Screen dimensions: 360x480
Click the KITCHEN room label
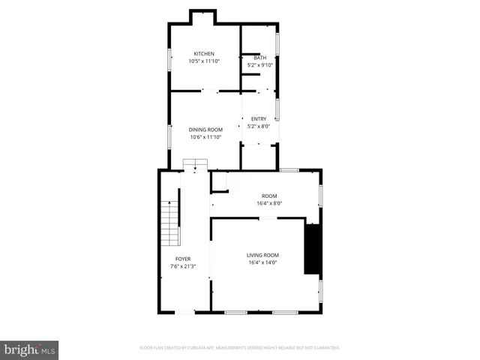204,53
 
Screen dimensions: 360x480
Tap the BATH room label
259,58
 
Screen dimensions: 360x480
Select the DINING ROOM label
205,129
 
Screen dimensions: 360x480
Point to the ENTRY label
259,118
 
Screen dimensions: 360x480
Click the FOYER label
183,258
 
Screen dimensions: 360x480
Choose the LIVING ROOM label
262,255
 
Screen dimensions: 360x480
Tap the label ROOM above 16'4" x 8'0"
269,195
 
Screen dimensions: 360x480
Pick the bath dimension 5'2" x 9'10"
260,65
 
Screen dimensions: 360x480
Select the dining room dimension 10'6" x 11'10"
205,136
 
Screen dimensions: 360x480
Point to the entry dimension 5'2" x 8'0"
259,126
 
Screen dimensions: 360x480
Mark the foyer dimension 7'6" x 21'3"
183,265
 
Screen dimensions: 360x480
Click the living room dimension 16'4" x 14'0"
262,262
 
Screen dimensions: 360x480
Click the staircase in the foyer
172,223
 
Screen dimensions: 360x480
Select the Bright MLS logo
30,349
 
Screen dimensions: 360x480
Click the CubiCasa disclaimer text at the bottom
240,348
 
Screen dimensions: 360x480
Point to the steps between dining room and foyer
195,164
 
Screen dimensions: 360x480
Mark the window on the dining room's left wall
169,136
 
